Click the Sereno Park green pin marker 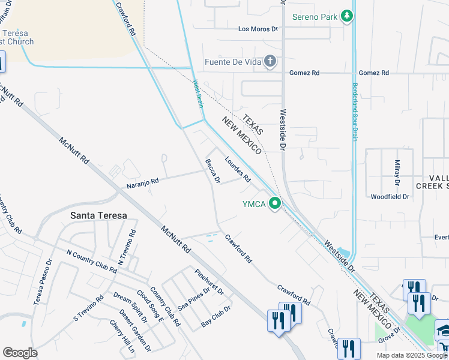[347, 16]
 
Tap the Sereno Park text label [315, 17]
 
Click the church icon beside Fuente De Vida [271, 61]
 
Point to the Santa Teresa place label [98, 215]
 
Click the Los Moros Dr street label [258, 29]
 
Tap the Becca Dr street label [212, 171]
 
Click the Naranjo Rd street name [142, 182]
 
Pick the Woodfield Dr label [390, 196]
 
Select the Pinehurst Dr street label [209, 282]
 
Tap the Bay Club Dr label [216, 316]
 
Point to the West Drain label [198, 94]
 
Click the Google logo [20, 353]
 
